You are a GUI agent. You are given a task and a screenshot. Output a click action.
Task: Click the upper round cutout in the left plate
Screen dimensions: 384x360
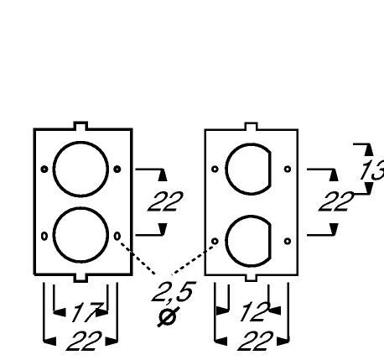pyautogui.click(x=80, y=143)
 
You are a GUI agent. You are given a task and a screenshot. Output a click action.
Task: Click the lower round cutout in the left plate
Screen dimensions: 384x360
pyautogui.click(x=80, y=208)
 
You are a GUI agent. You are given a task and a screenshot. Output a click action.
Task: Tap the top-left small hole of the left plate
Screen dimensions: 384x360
pyautogui.click(x=44, y=169)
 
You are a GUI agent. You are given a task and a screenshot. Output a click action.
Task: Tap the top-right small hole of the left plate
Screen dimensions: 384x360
pyautogui.click(x=117, y=169)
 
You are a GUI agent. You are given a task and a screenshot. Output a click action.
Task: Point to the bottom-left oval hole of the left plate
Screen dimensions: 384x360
pyautogui.click(x=44, y=236)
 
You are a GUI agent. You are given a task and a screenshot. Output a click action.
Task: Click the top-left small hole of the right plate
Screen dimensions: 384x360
pyautogui.click(x=215, y=169)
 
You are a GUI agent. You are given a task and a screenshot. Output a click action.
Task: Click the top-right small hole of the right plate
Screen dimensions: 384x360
pyautogui.click(x=288, y=169)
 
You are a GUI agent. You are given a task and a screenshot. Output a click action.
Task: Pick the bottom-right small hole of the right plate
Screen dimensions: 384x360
pyautogui.click(x=288, y=241)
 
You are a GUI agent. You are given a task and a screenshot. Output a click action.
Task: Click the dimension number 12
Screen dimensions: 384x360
pyautogui.click(x=255, y=311)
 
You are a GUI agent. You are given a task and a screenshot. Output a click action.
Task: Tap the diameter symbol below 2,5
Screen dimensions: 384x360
pyautogui.click(x=169, y=317)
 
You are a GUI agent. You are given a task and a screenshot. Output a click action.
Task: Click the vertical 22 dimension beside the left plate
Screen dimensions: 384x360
pyautogui.click(x=165, y=201)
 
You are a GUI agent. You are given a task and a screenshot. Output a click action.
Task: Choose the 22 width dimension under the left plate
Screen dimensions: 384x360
pyautogui.click(x=84, y=341)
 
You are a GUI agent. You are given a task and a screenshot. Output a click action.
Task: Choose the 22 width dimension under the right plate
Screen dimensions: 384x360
pyautogui.click(x=255, y=341)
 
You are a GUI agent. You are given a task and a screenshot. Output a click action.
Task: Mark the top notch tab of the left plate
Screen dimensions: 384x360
pyautogui.click(x=80, y=126)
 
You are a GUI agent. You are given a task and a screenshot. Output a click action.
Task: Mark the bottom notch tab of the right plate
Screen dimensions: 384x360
pyautogui.click(x=251, y=278)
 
